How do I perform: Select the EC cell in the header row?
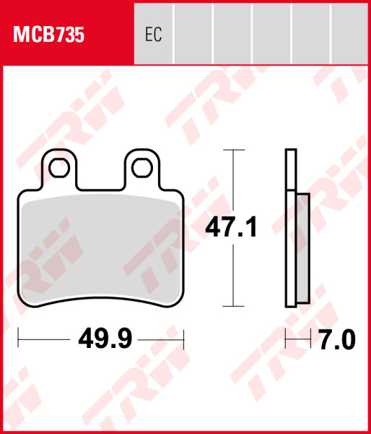[153, 34]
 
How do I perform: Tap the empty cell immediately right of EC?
[193, 34]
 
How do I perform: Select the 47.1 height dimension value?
[231, 229]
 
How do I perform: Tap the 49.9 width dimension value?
[101, 339]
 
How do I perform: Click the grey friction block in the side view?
[303, 246]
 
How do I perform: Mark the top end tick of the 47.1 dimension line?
[231, 150]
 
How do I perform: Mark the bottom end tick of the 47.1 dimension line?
[231, 307]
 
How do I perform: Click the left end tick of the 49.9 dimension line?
[18, 339]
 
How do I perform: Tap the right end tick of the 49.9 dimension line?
[185, 339]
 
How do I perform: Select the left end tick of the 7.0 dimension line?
[287, 339]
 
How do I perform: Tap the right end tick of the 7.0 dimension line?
[310, 339]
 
